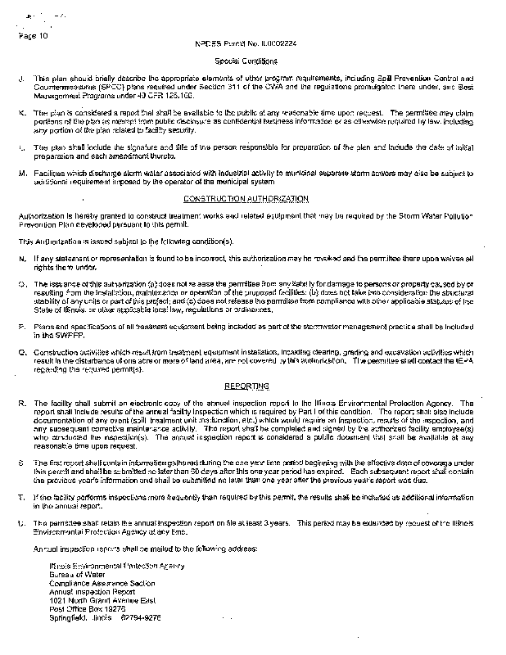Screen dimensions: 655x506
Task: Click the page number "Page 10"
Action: click(x=33, y=36)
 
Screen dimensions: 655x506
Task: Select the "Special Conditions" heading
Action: click(x=251, y=61)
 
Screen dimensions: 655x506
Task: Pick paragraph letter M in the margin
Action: click(x=20, y=174)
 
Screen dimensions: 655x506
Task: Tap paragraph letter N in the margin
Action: click(x=20, y=259)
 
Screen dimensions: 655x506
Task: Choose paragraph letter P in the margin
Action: click(x=20, y=325)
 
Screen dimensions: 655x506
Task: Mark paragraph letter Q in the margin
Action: click(x=20, y=349)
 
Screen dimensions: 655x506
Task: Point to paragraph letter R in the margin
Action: click(x=20, y=404)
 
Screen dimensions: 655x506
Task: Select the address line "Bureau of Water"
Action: click(x=75, y=574)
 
